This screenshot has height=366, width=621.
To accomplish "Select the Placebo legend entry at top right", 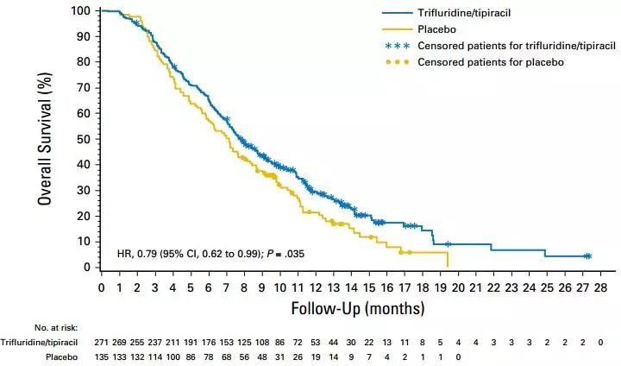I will click(437, 29).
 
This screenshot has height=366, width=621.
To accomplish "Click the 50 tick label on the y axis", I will click(84, 139).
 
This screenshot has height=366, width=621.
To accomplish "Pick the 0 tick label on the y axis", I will click(87, 268).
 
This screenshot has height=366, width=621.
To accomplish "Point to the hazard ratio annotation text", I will click(210, 254).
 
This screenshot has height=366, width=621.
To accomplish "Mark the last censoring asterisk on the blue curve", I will click(587, 256).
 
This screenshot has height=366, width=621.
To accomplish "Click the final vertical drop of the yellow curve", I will click(448, 259).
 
